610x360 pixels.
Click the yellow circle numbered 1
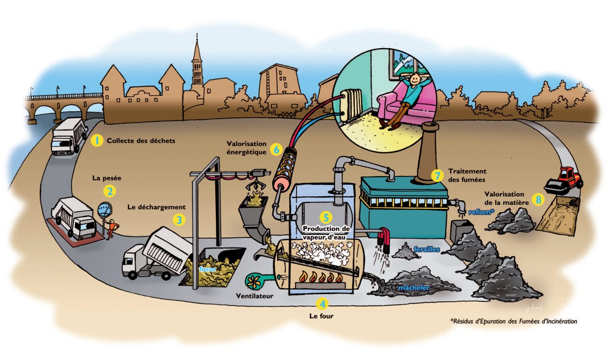click(97, 140)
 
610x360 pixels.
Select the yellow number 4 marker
click(322, 304)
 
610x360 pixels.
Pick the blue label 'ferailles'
click(426, 249)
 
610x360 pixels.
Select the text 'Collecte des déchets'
click(141, 140)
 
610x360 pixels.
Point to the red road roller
click(563, 180)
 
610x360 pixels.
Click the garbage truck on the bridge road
click(69, 136)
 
